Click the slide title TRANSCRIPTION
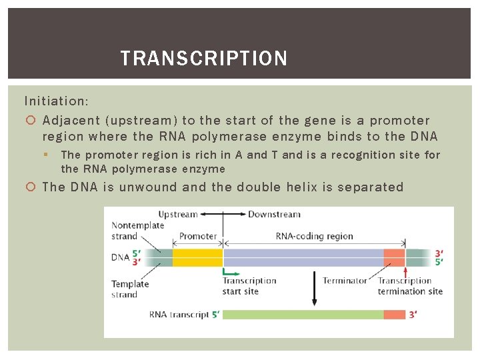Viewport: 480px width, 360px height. coord(203,59)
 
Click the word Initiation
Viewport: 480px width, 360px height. coord(56,101)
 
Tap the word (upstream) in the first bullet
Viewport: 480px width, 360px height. coord(140,121)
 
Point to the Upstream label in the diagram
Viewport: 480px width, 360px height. coord(178,215)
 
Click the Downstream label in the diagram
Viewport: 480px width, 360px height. coord(274,215)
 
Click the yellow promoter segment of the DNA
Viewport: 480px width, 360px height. coord(197,258)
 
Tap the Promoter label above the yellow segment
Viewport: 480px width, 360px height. coord(198,236)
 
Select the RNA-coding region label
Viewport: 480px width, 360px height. coord(314,236)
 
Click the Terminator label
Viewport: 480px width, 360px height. coord(345,281)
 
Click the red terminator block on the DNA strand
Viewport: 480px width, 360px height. coord(394,258)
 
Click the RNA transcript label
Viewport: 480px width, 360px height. coord(179,315)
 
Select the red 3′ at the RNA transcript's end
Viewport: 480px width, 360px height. coord(413,315)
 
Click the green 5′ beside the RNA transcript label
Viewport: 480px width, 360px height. coord(215,315)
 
